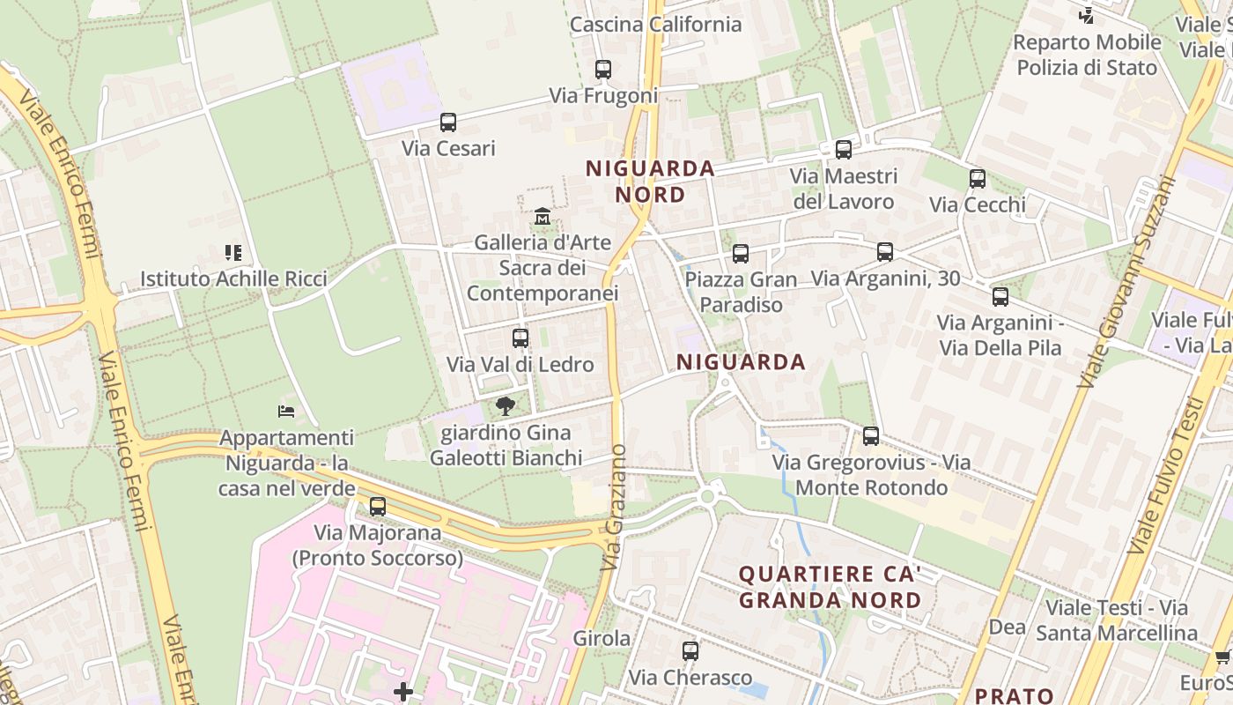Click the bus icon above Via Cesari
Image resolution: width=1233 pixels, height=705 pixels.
448,122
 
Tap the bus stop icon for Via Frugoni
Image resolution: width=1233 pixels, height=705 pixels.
603,70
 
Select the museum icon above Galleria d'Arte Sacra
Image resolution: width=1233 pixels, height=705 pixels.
542,216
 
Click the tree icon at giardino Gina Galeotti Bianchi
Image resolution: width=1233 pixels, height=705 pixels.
506,406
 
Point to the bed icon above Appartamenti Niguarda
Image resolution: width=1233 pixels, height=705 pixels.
286,411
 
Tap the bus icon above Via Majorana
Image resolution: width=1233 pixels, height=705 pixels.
378,507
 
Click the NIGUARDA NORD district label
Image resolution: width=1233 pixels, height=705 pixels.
650,181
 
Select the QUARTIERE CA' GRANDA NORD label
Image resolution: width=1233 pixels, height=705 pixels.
830,587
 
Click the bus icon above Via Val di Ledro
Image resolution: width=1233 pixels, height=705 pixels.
521,338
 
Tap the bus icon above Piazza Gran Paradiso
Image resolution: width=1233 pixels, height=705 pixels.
741,254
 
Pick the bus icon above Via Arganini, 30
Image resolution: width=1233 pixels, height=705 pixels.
885,252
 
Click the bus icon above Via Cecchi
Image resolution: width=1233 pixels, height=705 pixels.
978,179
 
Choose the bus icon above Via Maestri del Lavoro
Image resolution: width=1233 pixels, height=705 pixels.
844,150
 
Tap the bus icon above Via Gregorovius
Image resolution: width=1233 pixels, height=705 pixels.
871,436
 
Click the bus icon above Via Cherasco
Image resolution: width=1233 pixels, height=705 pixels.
690,651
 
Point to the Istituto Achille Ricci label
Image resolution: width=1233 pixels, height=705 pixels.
233,279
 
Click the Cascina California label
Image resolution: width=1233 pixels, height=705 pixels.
655,25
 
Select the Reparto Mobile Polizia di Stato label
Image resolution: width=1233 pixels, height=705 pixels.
1087,55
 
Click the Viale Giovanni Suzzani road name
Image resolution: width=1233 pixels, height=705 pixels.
1127,282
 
